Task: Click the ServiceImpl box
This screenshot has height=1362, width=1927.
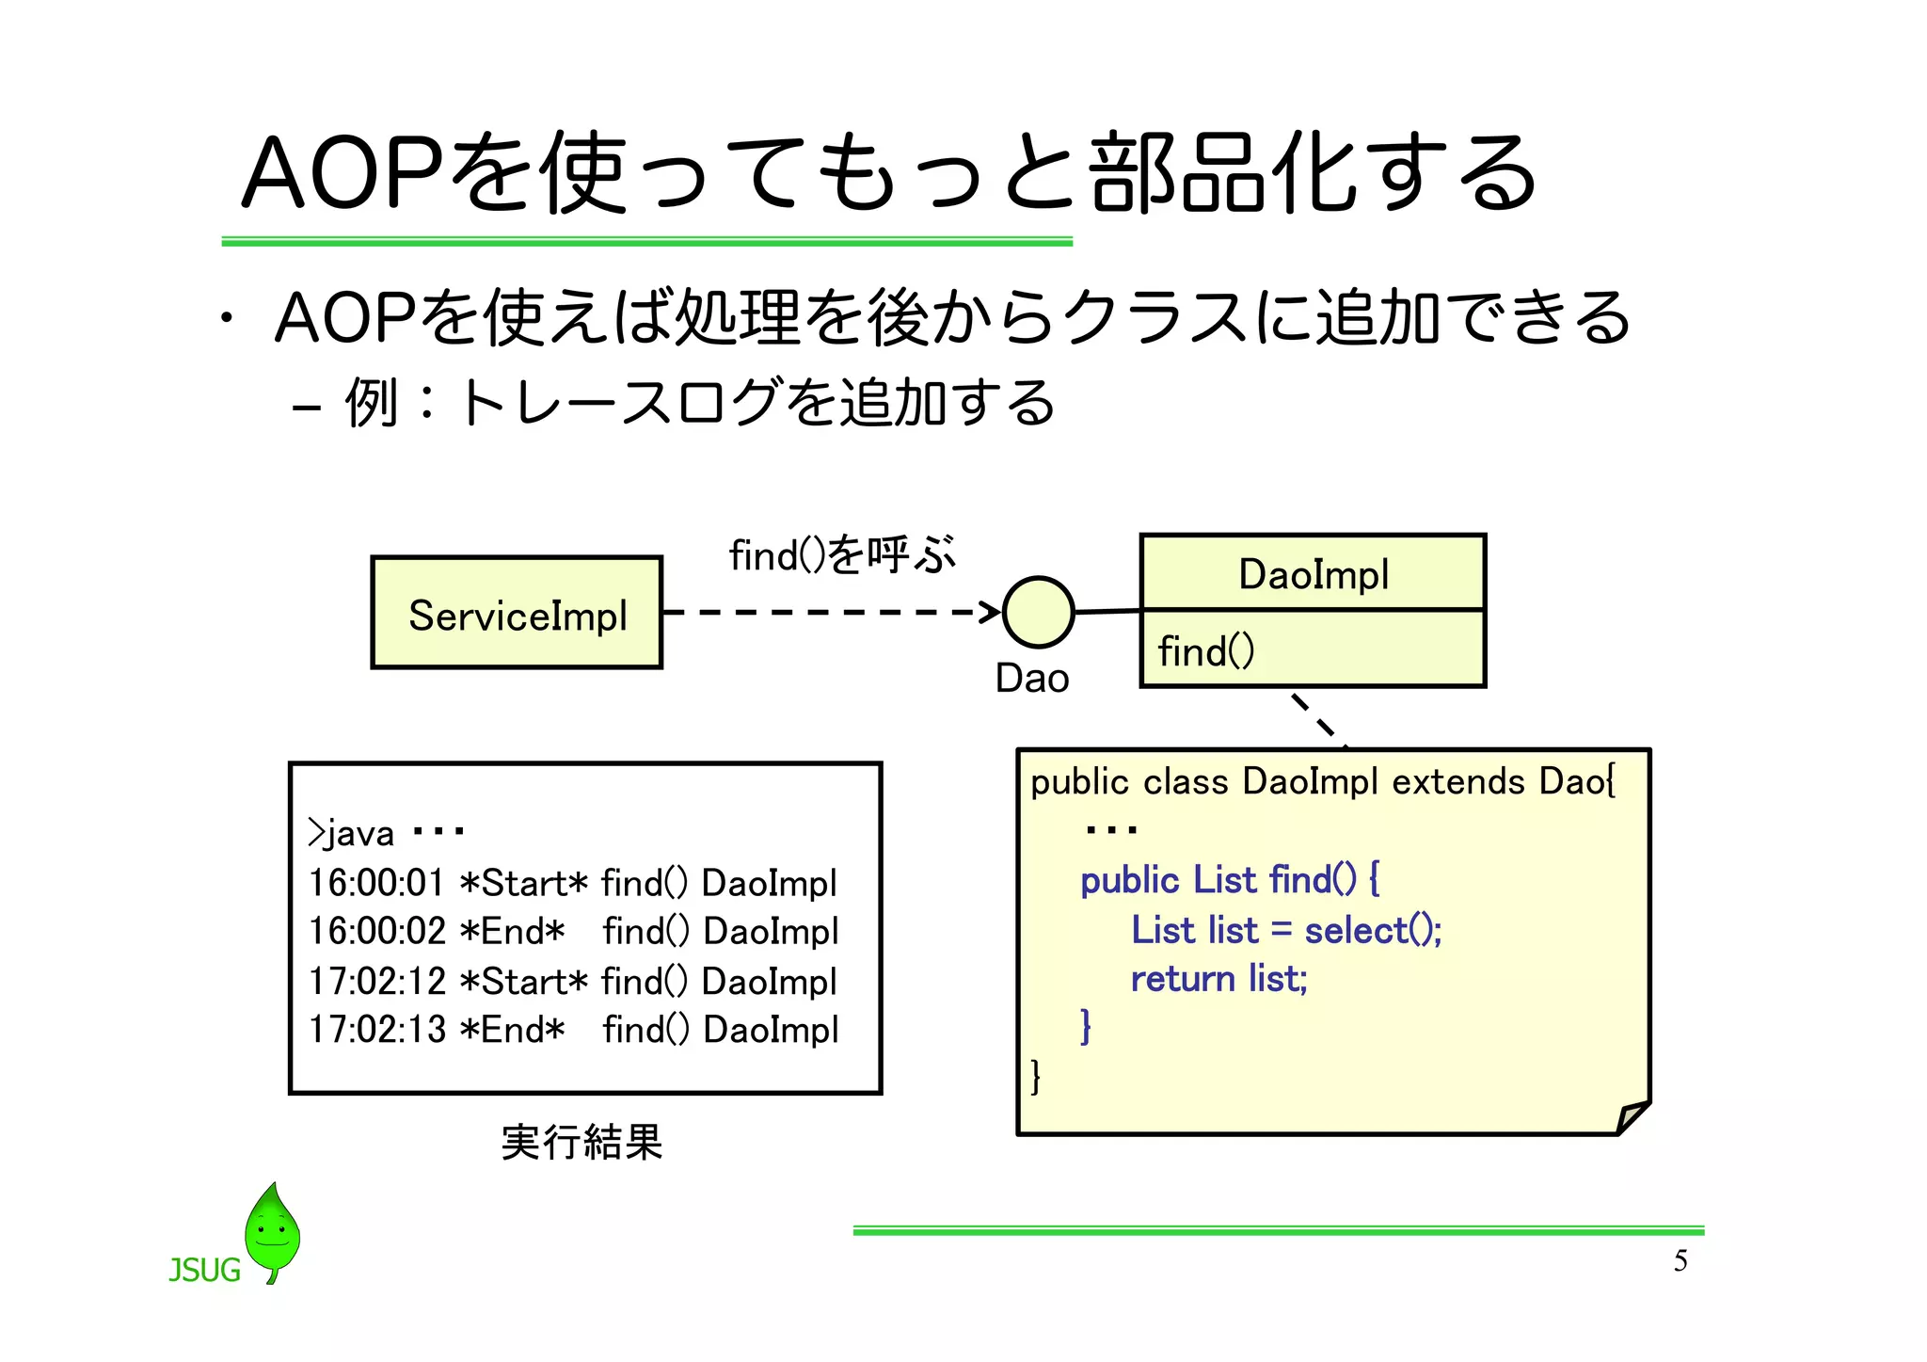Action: pos(517,613)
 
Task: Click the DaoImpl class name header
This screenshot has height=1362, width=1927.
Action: pos(1313,574)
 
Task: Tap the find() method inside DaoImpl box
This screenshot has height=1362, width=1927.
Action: pos(1206,651)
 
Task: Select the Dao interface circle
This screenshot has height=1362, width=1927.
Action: pos(1038,613)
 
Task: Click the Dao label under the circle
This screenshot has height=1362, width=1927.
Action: pos(1032,679)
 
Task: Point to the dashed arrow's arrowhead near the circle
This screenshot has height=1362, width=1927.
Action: pos(990,612)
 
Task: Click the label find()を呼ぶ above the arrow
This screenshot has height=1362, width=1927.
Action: pos(841,554)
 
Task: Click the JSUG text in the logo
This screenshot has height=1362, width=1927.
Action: pos(204,1271)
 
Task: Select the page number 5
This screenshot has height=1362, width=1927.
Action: pos(1680,1260)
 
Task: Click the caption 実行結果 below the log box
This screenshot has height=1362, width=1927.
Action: pos(581,1143)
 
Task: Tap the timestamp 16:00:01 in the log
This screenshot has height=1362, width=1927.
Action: pos(375,883)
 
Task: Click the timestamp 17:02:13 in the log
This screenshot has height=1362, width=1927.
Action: pos(376,1029)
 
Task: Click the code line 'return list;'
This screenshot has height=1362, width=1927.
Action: pos(1218,979)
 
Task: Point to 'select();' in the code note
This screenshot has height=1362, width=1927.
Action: pos(1373,930)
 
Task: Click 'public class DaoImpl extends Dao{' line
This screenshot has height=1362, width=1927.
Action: pos(1322,781)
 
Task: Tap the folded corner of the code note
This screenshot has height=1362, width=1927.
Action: pos(1632,1117)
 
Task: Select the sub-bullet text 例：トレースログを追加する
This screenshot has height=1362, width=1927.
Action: pos(700,403)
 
